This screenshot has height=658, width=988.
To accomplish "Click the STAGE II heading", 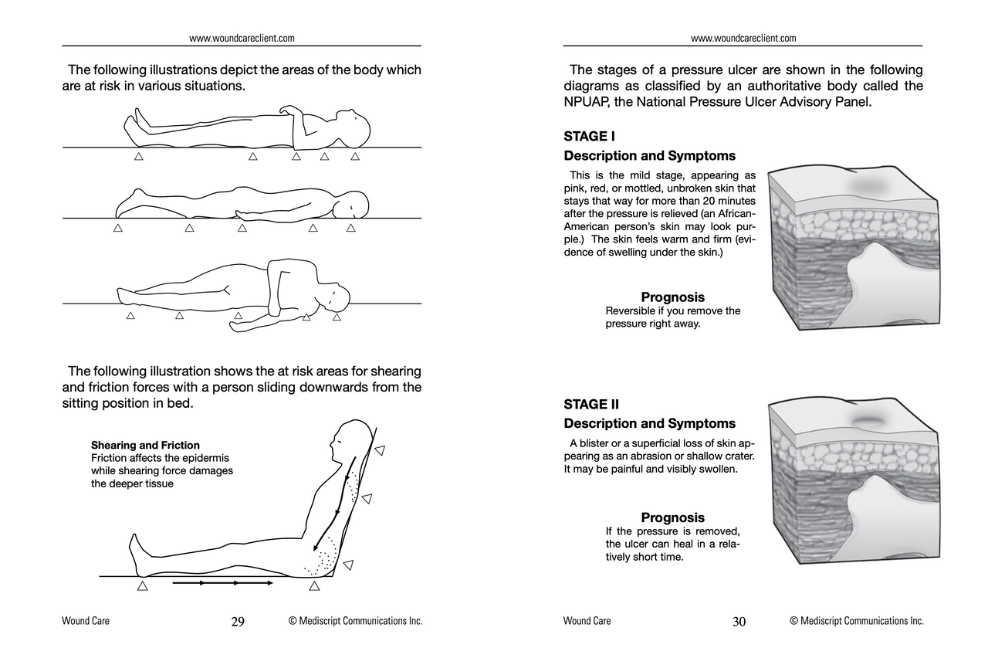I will coord(591,404).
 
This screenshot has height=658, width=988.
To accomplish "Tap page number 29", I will coord(238,622).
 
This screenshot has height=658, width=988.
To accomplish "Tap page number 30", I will coord(739,622).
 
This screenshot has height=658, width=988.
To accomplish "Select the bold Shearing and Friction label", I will coord(145,446).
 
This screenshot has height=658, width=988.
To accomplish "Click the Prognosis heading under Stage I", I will coord(672,297).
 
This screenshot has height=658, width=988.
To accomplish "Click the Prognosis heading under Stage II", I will coord(672,517).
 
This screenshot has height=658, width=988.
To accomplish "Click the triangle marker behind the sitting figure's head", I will coord(379,450).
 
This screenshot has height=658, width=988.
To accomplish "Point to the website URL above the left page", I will coord(242,38).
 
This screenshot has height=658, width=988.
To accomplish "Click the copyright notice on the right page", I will coord(857,621).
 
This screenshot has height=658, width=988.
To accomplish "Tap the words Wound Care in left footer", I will coord(86,621).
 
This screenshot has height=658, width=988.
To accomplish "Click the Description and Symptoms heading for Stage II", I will coord(649,424).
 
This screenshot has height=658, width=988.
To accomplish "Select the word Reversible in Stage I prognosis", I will coord(631,311).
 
